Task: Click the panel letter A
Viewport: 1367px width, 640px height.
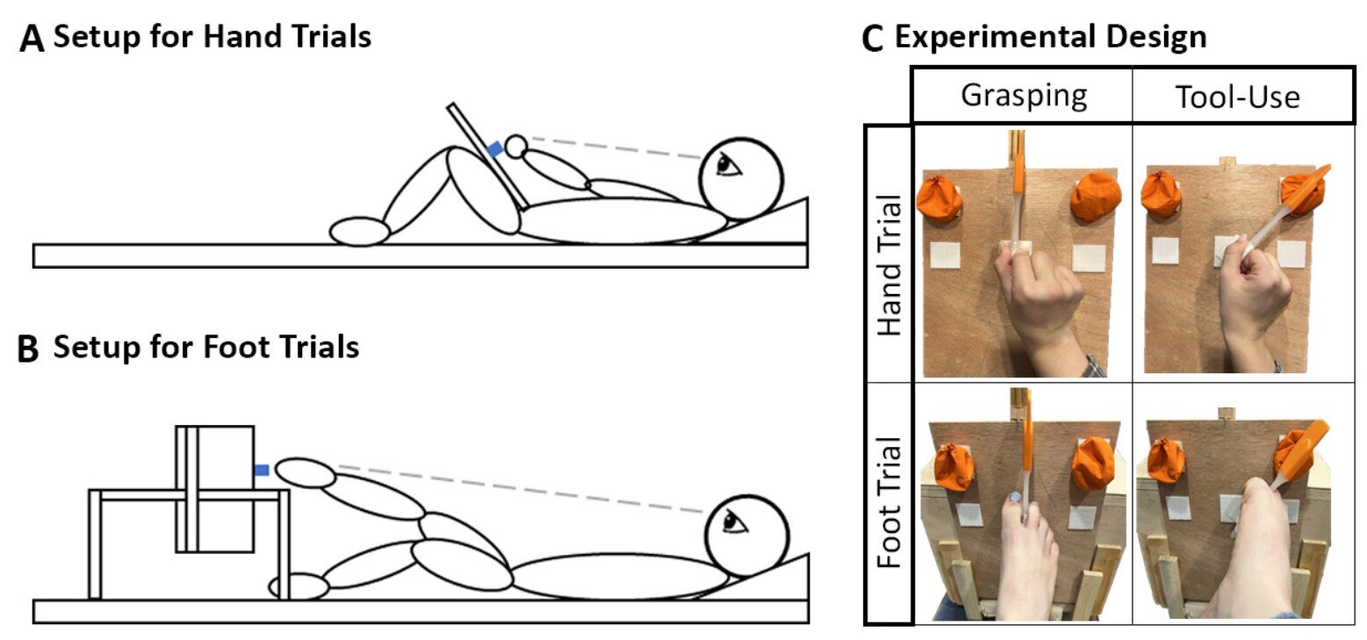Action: pyautogui.click(x=32, y=41)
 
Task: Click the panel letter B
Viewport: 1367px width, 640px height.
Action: pyautogui.click(x=29, y=349)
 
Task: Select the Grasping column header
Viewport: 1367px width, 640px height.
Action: pyautogui.click(x=1024, y=95)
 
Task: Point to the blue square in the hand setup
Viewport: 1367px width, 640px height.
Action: pyautogui.click(x=496, y=149)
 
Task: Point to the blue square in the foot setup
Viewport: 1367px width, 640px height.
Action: pyautogui.click(x=261, y=471)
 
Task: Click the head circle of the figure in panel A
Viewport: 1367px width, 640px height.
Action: pyautogui.click(x=739, y=178)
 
